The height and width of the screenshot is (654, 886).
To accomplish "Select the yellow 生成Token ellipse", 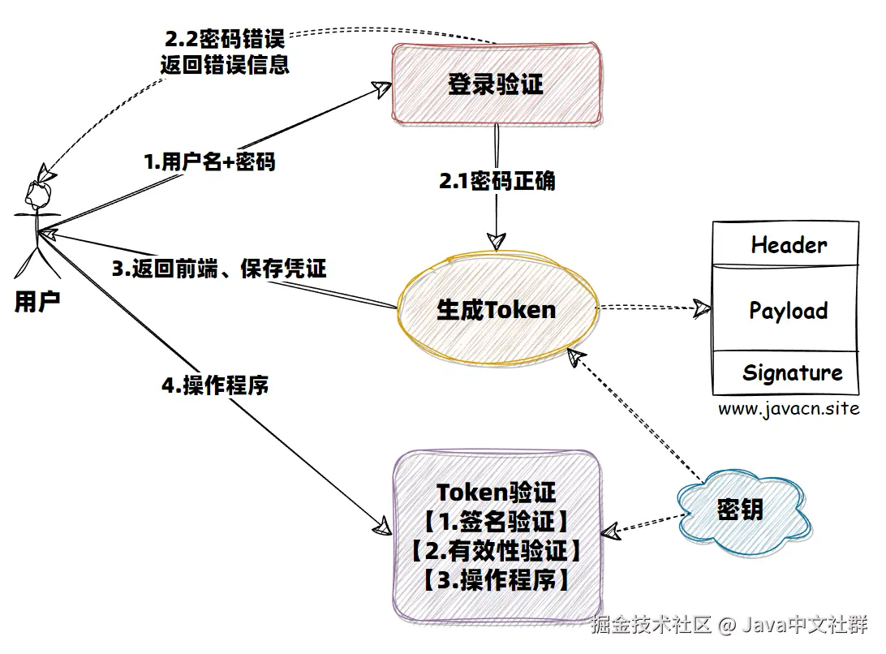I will (x=497, y=309).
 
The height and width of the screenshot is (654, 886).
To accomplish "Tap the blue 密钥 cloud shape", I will (x=739, y=510).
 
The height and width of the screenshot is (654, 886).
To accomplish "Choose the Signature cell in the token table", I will (x=791, y=373).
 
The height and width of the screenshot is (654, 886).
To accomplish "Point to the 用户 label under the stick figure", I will (x=37, y=302).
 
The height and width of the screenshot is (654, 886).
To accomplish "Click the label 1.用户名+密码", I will (x=209, y=162).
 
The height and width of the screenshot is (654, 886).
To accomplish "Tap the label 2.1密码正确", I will (x=497, y=181).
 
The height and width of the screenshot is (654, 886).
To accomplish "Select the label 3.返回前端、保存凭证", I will (x=218, y=269).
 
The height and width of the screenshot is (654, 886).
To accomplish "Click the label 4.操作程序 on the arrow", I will (x=214, y=385).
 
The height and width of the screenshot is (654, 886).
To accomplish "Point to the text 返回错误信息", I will (x=225, y=65).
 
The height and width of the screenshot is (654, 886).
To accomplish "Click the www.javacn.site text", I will (x=788, y=409).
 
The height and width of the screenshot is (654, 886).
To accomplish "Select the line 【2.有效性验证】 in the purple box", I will (x=496, y=551).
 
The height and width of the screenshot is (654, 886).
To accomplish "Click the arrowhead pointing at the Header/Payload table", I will (x=699, y=308).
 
